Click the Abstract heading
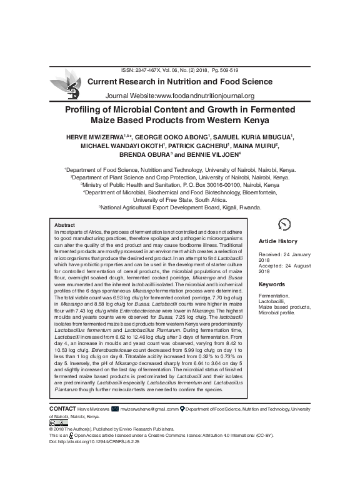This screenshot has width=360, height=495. tap(64, 225)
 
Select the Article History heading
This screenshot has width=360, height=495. tap(279, 241)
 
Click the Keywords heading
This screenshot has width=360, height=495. tap(271, 284)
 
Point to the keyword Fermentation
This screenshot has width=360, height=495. tap(275, 296)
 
